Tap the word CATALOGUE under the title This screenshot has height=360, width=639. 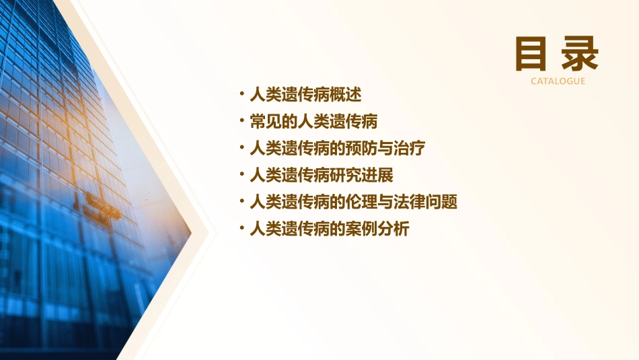558,81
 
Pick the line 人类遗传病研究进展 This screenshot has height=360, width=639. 321,176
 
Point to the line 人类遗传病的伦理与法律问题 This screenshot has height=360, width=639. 353,202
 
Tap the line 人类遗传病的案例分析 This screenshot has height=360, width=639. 329,229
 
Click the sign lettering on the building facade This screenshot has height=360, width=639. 102,205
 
